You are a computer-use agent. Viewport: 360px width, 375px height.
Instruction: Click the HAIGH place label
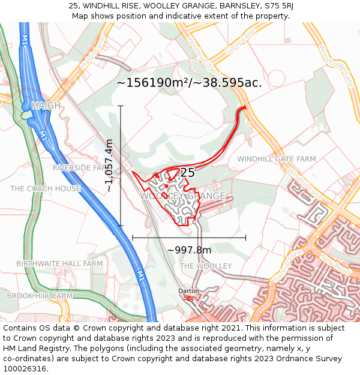[x=46, y=106]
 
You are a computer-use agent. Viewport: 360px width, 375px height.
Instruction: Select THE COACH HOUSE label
[x=46, y=188]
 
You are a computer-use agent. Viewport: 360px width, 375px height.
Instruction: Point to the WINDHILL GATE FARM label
[x=276, y=159]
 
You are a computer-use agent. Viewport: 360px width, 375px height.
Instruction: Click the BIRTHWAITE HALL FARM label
[x=59, y=263]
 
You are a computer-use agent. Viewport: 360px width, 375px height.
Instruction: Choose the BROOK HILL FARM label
[x=40, y=296]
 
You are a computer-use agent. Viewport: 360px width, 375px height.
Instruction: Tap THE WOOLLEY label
[x=206, y=266]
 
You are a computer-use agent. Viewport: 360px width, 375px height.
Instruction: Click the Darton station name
[x=188, y=291]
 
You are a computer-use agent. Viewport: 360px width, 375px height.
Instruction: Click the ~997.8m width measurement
[x=189, y=250]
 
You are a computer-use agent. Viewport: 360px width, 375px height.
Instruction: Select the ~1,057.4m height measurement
[x=109, y=166]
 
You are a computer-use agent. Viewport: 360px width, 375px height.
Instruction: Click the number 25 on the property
[x=187, y=173]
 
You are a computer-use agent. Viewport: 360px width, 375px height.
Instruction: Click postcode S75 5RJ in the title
[x=275, y=6]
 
